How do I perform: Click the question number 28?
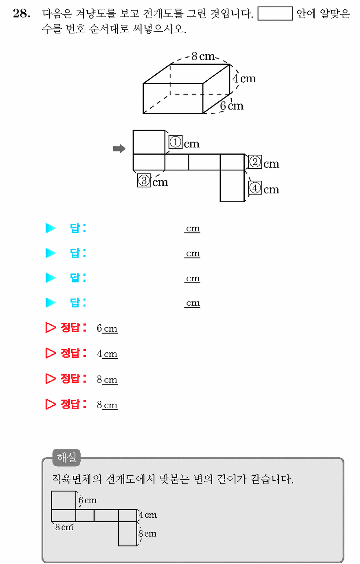[x=22, y=13]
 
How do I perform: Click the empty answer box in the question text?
[x=275, y=13]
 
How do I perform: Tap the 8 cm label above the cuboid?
[x=203, y=56]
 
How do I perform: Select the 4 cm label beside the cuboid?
[x=244, y=79]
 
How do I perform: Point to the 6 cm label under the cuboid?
[x=232, y=106]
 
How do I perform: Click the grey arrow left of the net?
[x=119, y=149]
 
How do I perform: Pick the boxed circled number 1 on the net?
[x=176, y=142]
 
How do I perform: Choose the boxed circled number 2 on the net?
[x=255, y=162]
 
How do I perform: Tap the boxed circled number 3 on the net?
[x=144, y=180]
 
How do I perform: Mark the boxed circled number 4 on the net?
[x=255, y=188]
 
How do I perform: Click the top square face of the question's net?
[x=149, y=142]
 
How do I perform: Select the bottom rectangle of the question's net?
[x=232, y=186]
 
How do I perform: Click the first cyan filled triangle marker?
[x=50, y=228]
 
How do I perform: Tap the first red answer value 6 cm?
[x=107, y=328]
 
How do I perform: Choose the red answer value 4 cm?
[x=107, y=354]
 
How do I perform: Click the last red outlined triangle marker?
[x=50, y=404]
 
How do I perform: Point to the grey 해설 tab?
[x=66, y=457]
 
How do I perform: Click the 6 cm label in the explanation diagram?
[x=88, y=500]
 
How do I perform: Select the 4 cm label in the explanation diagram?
[x=148, y=515]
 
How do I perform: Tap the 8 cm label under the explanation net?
[x=64, y=527]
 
